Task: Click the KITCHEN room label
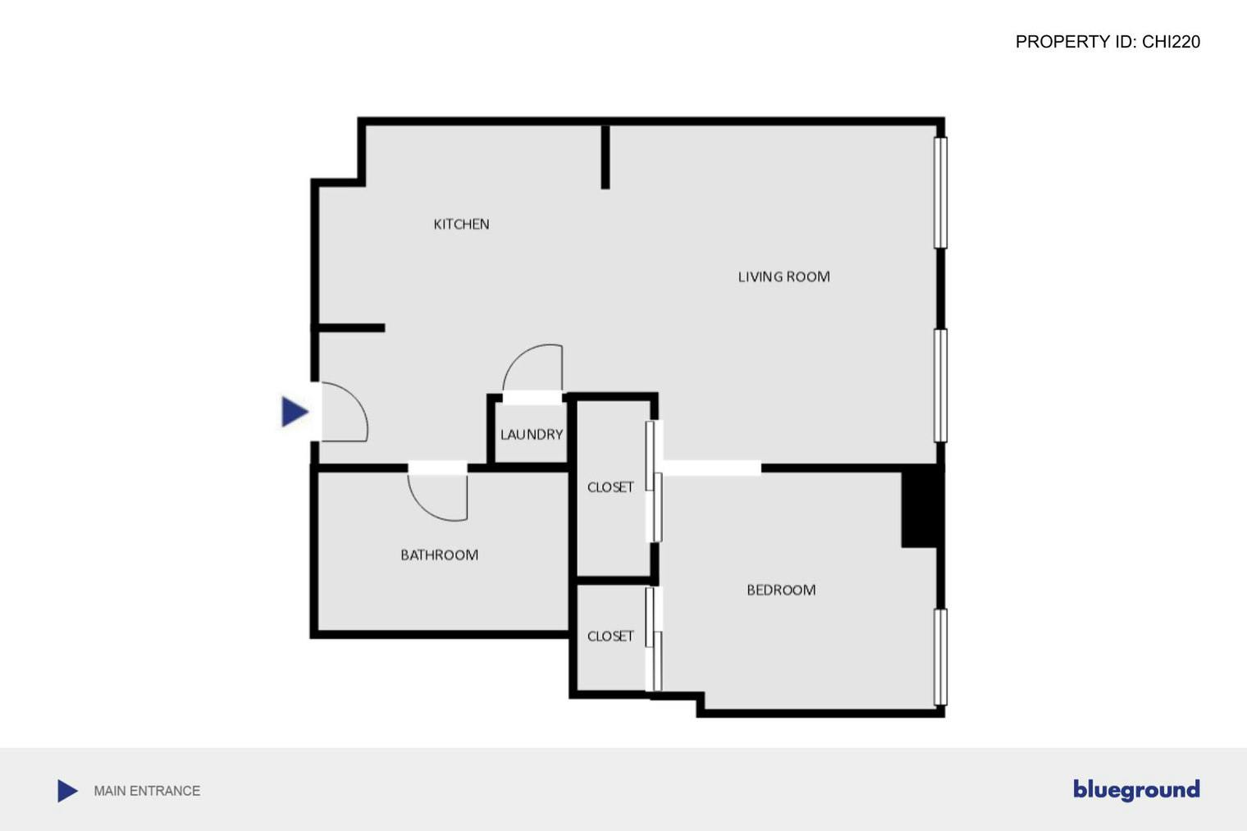click(461, 224)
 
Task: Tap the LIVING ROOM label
click(783, 277)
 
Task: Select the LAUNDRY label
click(532, 435)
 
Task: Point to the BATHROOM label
click(439, 555)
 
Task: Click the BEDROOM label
click(781, 590)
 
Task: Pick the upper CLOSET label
click(610, 487)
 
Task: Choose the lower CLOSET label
click(610, 637)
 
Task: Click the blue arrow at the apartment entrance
click(294, 412)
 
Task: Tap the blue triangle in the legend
click(67, 791)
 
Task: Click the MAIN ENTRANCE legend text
click(147, 791)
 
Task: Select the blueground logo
click(1136, 789)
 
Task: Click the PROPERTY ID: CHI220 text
click(1108, 42)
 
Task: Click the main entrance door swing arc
click(349, 410)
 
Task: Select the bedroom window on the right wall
click(941, 656)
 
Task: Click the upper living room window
click(941, 192)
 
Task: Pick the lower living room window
click(941, 386)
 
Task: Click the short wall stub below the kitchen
click(351, 328)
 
